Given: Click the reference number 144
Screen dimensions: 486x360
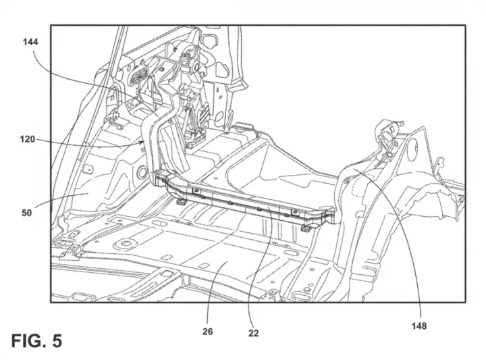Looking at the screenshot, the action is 30,42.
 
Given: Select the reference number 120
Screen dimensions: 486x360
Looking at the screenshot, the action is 28,139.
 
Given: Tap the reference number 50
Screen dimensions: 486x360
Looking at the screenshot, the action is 26,213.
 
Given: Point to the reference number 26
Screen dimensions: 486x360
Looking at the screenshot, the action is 208,332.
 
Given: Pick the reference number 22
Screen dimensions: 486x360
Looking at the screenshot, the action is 253,333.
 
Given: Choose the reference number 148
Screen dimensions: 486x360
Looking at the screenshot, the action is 419,326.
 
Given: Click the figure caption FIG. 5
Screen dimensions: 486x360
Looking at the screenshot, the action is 36,340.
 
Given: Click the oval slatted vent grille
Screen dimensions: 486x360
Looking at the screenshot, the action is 139,74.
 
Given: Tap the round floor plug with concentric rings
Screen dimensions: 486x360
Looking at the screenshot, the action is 125,244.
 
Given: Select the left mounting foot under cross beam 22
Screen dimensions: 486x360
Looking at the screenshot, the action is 182,202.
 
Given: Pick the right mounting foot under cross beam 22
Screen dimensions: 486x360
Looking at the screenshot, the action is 306,228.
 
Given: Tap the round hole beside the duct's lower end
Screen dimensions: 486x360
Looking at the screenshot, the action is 142,172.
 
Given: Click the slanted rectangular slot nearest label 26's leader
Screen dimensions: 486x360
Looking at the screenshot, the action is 203,265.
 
